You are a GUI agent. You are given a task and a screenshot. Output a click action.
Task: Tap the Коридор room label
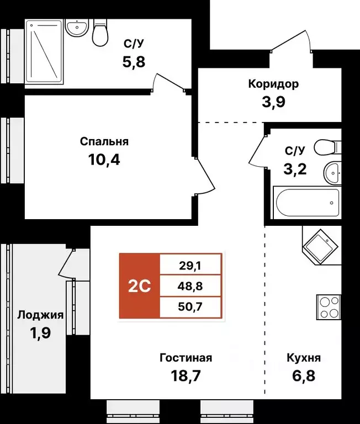pos(273,84)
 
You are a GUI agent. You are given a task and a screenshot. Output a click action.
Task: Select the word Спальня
pos(108,141)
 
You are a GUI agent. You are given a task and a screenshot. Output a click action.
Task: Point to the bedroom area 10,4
pos(104,160)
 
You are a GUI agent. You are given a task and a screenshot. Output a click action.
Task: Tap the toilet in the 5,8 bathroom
pos(100,34)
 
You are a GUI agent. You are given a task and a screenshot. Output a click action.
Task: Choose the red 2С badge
pos(140,286)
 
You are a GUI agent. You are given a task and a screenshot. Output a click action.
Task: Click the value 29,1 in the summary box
pos(190,265)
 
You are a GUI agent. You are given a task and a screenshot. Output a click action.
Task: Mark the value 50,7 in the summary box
pos(190,308)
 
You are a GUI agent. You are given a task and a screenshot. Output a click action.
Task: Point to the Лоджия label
pos(40,315)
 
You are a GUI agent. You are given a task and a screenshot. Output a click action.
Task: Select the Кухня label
pos(304,358)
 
